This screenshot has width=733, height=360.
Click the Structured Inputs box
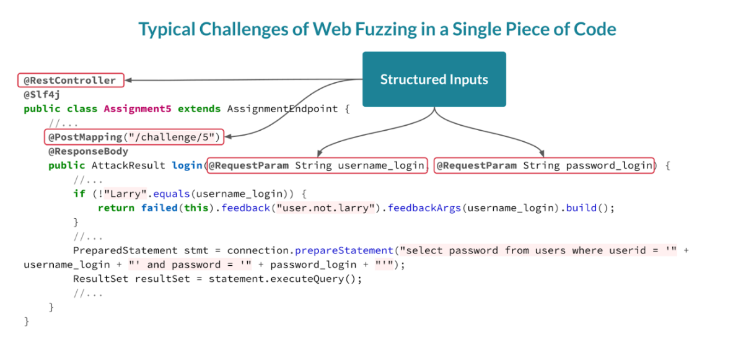tap(434, 79)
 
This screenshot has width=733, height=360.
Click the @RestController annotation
tap(70, 81)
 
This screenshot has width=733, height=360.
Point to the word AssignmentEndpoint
tap(283, 109)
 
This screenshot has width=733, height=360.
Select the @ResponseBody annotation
tap(88, 151)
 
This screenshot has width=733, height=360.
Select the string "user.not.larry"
tap(327, 208)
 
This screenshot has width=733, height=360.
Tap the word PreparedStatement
tap(125, 250)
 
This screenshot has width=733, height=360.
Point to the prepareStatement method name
tap(344, 250)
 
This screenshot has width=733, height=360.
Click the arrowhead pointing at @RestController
tap(128, 80)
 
